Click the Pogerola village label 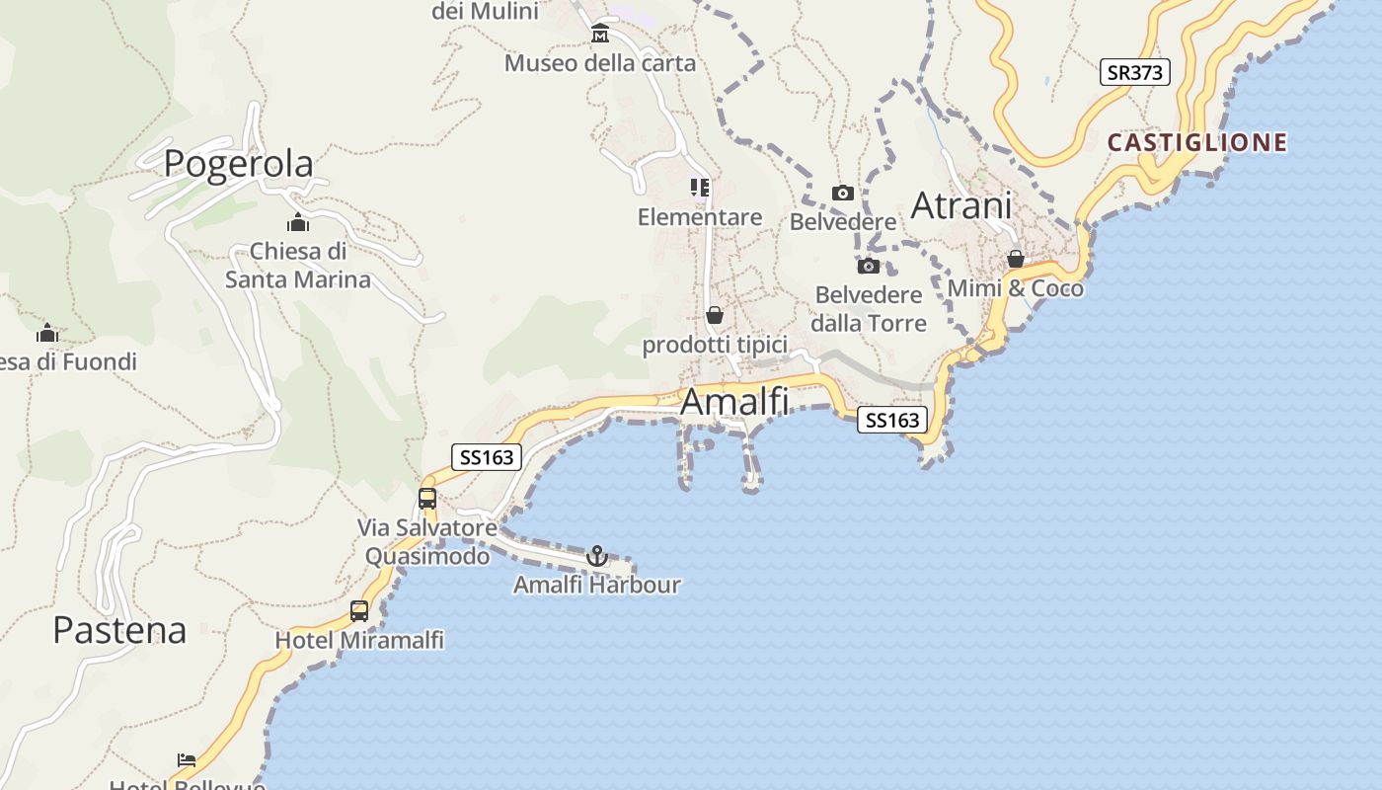[238, 163]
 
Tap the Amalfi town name [734, 402]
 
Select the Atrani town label [960, 205]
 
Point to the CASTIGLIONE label [1196, 142]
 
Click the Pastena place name [119, 629]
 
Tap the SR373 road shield [1134, 72]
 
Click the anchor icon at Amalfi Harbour [596, 556]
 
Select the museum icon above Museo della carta [600, 35]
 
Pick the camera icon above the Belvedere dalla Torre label [869, 266]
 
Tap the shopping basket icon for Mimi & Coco [1015, 259]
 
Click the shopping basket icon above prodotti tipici [715, 315]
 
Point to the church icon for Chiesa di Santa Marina [298, 222]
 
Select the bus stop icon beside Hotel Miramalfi [359, 611]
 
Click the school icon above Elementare [700, 187]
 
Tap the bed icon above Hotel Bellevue [187, 759]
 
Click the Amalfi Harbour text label [597, 585]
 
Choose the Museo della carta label [600, 63]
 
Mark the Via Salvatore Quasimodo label [427, 542]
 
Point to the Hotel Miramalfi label [359, 640]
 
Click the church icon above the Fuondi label [46, 333]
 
